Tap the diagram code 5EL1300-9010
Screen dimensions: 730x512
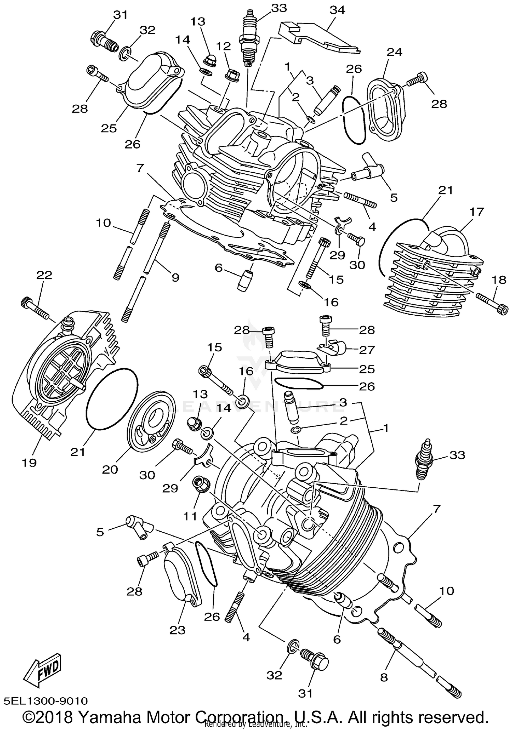coord(46,701)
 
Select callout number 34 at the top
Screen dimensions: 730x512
coord(337,10)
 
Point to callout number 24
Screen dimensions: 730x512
coord(394,52)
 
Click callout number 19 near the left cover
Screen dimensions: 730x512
coord(30,463)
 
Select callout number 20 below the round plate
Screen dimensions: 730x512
coord(110,469)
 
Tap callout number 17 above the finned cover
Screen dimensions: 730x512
coord(477,212)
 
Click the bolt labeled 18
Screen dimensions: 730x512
coord(490,301)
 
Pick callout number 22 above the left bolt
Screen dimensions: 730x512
coord(44,275)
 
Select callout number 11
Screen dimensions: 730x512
coord(190,516)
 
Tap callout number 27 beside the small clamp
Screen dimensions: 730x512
coord(367,350)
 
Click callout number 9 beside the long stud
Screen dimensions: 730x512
coord(175,277)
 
